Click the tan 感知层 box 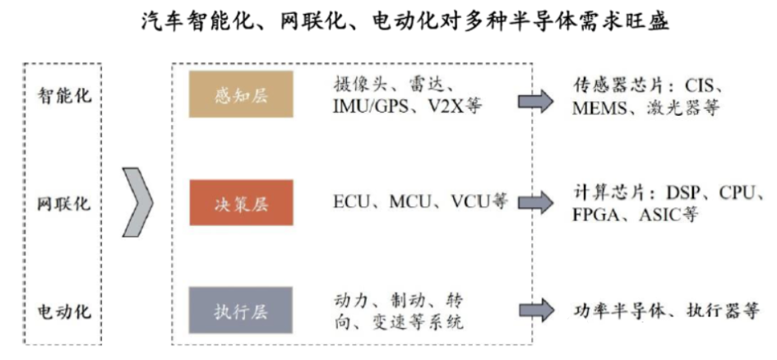coord(241,95)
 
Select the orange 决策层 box coord(241,202)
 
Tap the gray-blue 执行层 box coord(241,310)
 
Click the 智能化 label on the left coord(66,95)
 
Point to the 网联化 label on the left coord(66,202)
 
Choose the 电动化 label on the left coord(66,312)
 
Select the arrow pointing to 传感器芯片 coord(535,100)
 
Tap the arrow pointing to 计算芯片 coord(535,202)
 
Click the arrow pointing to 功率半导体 coord(535,312)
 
